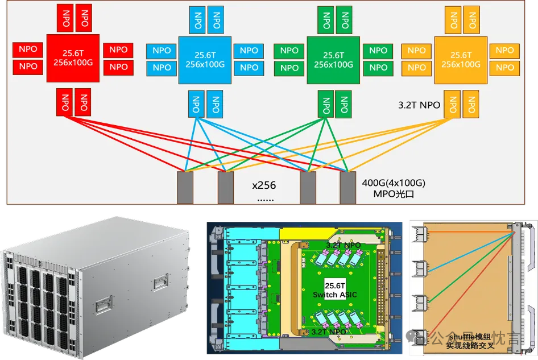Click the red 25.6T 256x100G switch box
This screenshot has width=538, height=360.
73,58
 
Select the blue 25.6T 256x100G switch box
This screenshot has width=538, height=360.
205,59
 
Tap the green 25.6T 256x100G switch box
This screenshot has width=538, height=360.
333,60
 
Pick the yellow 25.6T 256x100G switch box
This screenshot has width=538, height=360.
461,59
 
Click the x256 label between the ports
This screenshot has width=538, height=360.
263,185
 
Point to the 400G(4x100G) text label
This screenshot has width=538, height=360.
394,183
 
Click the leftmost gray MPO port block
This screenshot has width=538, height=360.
185,187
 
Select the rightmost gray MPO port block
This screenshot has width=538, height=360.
348,187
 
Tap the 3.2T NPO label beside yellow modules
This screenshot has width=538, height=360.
420,105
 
